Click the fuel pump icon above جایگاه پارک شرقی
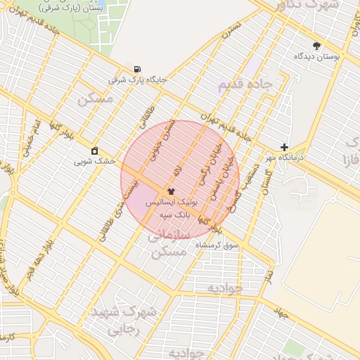pyautogui.click(x=136, y=69)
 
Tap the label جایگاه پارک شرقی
pyautogui.click(x=137, y=80)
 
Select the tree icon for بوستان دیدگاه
pyautogui.click(x=317, y=45)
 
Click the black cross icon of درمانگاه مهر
pyautogui.click(x=284, y=147)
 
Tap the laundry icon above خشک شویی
pyautogui.click(x=95, y=150)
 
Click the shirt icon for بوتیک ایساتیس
pyautogui.click(x=171, y=191)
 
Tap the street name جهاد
pyautogui.click(x=282, y=313)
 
